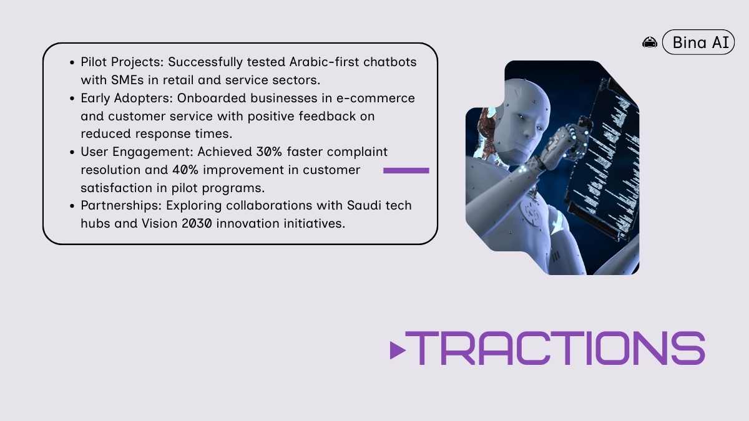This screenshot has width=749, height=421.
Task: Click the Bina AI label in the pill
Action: click(x=700, y=42)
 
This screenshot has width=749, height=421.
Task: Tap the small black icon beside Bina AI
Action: click(x=650, y=43)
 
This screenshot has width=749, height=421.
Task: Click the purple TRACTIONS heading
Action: click(x=555, y=348)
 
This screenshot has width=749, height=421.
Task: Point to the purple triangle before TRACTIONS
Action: click(x=398, y=350)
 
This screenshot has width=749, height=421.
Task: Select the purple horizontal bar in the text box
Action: click(x=406, y=170)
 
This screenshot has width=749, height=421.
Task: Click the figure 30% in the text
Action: click(x=269, y=152)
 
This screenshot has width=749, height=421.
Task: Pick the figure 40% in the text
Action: click(x=185, y=170)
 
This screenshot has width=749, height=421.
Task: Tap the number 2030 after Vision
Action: click(x=197, y=223)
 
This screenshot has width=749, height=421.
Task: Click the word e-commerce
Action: click(x=376, y=99)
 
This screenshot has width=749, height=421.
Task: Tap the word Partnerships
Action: click(x=121, y=205)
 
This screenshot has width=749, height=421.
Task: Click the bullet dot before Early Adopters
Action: click(x=72, y=99)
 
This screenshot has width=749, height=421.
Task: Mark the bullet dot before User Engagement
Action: click(x=72, y=152)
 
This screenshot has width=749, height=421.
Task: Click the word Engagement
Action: click(x=153, y=152)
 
